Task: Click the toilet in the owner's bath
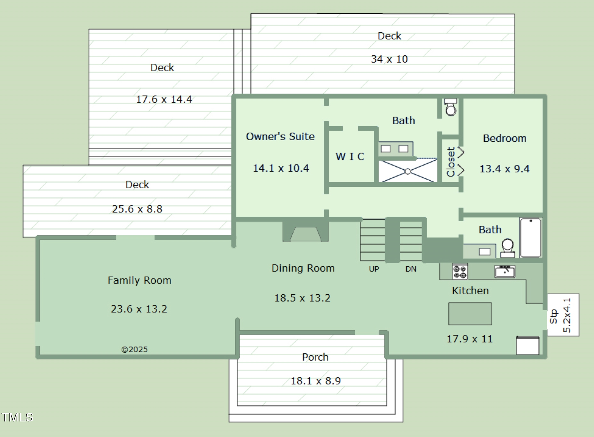coord(450,107)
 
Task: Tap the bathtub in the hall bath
coord(531,238)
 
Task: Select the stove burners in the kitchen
coord(460,272)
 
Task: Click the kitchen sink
coord(505,271)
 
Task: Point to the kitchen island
coord(470,314)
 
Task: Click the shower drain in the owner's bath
coord(408,171)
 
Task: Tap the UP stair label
coord(374,269)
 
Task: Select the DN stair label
coord(411,269)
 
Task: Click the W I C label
coord(350,156)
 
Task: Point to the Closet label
coord(451,162)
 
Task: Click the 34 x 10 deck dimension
coord(389,59)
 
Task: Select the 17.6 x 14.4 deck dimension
coord(164,99)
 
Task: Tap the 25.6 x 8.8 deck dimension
coord(137,209)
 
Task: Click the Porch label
coord(315,357)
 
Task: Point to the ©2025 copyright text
coord(135,349)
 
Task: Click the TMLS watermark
coord(17,417)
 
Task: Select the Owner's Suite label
coord(280,136)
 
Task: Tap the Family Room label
coord(139,280)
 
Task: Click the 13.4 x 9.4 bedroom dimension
coord(505,169)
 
